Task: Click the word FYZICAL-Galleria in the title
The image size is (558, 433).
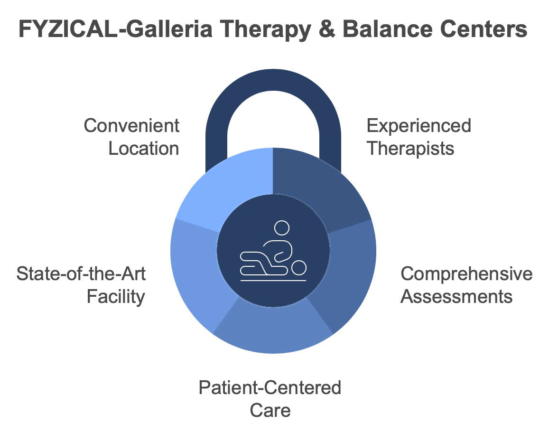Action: [x=116, y=29]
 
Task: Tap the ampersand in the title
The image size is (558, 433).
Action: [x=326, y=29]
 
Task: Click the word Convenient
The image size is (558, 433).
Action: [x=131, y=126]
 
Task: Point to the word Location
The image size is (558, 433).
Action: [x=143, y=149]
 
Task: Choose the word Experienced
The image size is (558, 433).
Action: [x=419, y=126]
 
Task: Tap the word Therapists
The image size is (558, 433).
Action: [x=410, y=149]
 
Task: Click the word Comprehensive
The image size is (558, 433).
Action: [x=466, y=274]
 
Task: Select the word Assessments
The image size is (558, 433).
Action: [x=456, y=297]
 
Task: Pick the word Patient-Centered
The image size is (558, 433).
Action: [x=270, y=388]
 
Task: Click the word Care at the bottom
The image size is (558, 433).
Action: [x=270, y=411]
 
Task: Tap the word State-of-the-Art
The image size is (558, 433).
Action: [x=81, y=274]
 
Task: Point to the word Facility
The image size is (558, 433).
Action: [x=116, y=297]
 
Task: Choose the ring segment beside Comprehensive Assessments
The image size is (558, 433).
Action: [x=349, y=271]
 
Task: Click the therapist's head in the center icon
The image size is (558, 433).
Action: [x=282, y=228]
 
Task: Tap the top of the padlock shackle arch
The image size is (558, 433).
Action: [x=273, y=80]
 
